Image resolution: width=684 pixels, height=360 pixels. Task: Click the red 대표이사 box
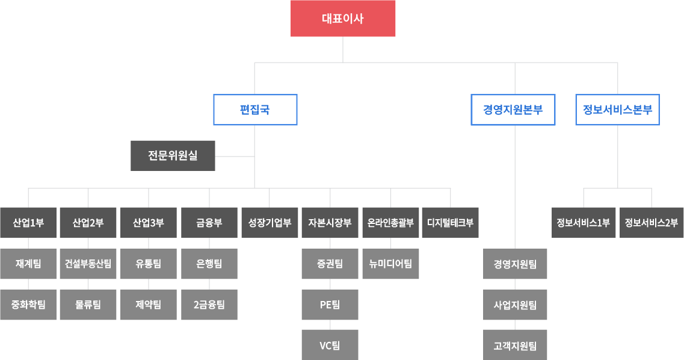343,19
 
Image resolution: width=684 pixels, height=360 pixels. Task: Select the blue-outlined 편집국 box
254,110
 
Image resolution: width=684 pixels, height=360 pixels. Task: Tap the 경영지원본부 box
513,110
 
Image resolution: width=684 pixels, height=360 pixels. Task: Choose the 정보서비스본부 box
617,110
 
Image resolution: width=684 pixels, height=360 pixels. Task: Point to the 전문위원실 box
173,156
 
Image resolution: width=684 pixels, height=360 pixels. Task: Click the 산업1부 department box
28,223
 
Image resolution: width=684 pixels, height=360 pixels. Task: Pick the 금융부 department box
209,223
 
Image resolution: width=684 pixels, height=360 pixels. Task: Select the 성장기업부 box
270,223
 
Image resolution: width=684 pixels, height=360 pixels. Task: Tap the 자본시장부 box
330,223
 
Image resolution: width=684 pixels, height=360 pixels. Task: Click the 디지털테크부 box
450,223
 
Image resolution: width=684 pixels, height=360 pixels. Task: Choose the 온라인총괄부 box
390,223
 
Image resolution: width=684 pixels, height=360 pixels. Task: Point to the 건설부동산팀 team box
88,264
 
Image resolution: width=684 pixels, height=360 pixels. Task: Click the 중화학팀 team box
28,305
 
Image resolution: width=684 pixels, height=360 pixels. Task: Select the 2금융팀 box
209,305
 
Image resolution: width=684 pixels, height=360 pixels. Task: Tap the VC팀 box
330,345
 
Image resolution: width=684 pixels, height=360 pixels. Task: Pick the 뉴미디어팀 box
390,264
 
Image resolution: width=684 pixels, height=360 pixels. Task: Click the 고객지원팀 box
515,345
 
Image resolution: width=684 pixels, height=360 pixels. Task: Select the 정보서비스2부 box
651,223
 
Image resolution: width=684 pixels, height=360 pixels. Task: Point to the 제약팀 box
149,305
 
